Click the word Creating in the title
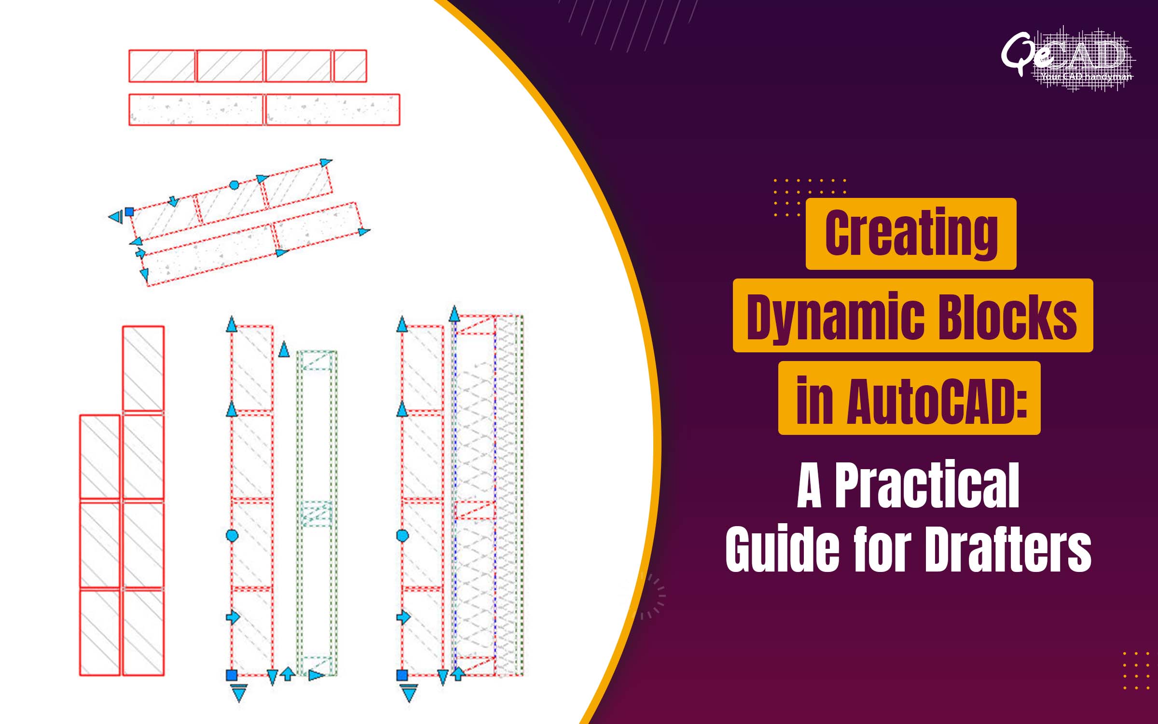click(911, 234)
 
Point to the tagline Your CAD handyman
click(1086, 77)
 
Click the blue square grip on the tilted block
click(129, 211)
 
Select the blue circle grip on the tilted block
click(234, 185)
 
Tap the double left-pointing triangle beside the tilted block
click(116, 217)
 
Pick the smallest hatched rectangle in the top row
click(350, 66)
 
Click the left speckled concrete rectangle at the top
click(196, 110)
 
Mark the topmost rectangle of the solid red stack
click(143, 368)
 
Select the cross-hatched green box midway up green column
click(317, 514)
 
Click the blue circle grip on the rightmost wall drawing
click(402, 535)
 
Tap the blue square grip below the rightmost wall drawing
click(402, 675)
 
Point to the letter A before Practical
click(809, 486)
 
